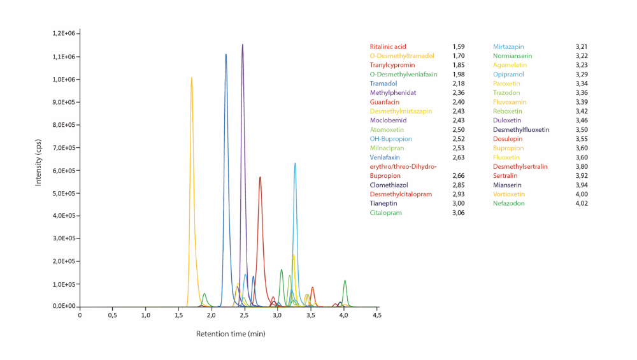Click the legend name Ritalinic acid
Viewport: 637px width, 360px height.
tap(388, 47)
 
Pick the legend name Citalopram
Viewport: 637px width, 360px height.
tap(385, 213)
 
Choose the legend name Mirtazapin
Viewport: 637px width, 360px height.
tap(508, 47)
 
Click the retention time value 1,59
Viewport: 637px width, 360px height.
tap(459, 47)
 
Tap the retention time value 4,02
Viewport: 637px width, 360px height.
tap(582, 203)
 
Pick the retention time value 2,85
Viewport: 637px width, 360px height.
tap(459, 185)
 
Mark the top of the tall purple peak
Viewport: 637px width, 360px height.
tap(243, 45)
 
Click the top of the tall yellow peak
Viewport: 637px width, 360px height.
tap(192, 78)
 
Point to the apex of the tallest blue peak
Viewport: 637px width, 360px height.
tap(225, 54)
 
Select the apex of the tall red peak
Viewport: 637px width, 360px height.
tap(260, 177)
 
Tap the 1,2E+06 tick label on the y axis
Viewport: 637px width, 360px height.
tap(64, 33)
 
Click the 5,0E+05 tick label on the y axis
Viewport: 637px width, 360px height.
tap(64, 193)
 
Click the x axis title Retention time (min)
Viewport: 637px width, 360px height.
tap(231, 333)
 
